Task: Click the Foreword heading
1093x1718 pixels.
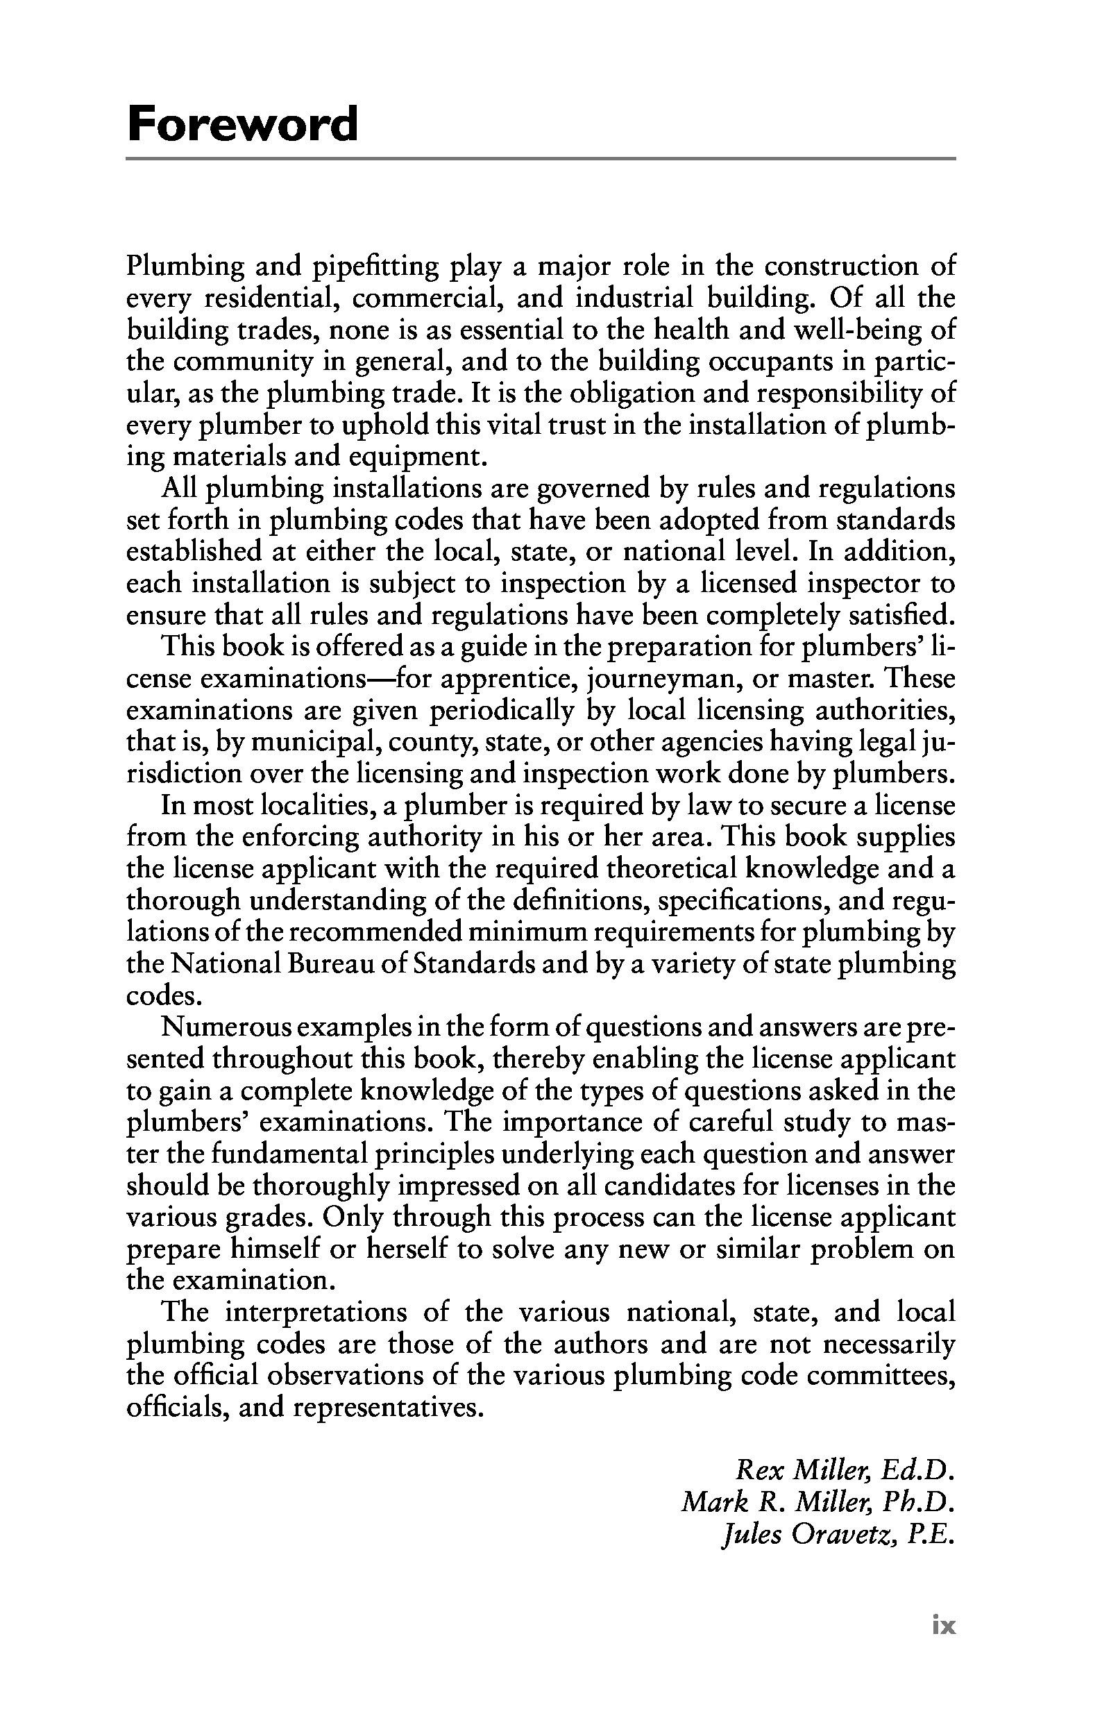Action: coord(242,124)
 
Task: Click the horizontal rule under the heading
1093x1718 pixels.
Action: coord(540,158)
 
